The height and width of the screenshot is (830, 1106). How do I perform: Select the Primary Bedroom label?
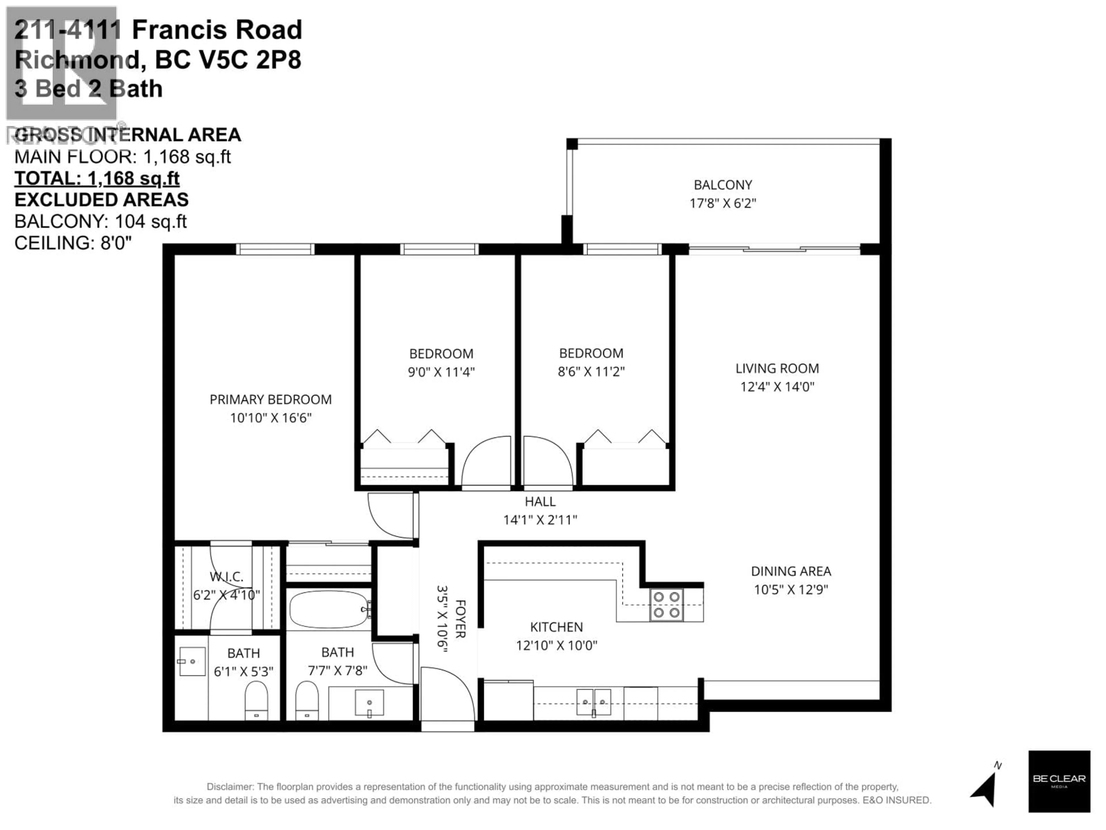(x=270, y=399)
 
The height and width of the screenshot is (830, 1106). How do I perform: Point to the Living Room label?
(x=777, y=368)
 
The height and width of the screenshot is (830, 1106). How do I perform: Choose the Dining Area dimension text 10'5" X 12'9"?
(x=791, y=589)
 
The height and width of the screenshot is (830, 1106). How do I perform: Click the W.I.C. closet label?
(x=226, y=576)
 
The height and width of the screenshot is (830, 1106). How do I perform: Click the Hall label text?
(x=540, y=501)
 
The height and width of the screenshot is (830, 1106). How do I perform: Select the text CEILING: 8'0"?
(x=73, y=243)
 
